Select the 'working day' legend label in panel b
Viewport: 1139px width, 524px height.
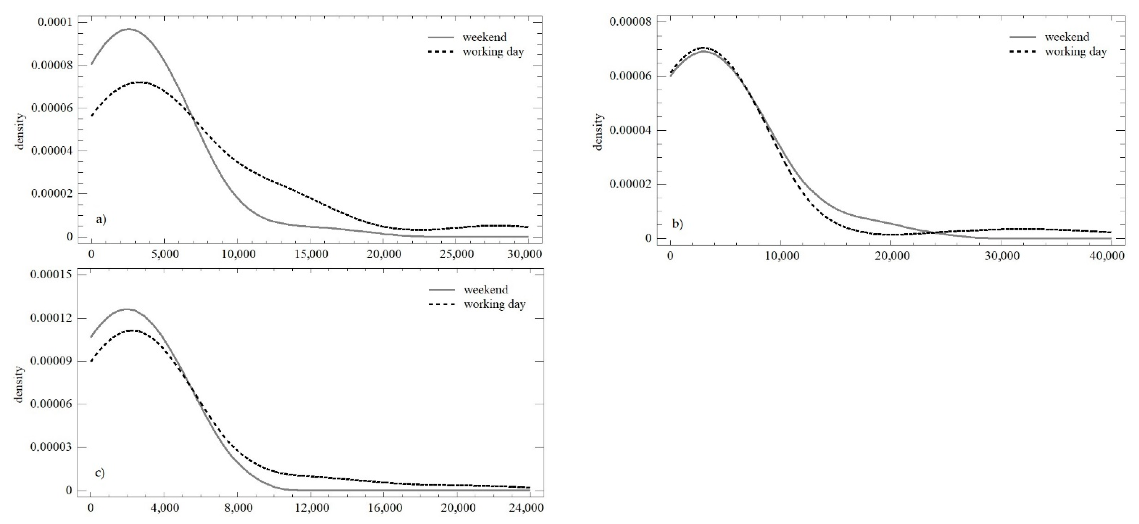pyautogui.click(x=1075, y=52)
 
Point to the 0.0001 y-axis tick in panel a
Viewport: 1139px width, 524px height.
pyautogui.click(x=56, y=22)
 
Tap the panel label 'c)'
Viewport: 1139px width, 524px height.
pyautogui.click(x=100, y=473)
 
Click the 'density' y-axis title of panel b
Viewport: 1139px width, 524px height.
pyautogui.click(x=598, y=132)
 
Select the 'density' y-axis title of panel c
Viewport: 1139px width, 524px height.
pyautogui.click(x=19, y=384)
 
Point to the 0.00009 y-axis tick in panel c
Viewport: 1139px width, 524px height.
pyautogui.click(x=51, y=361)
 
